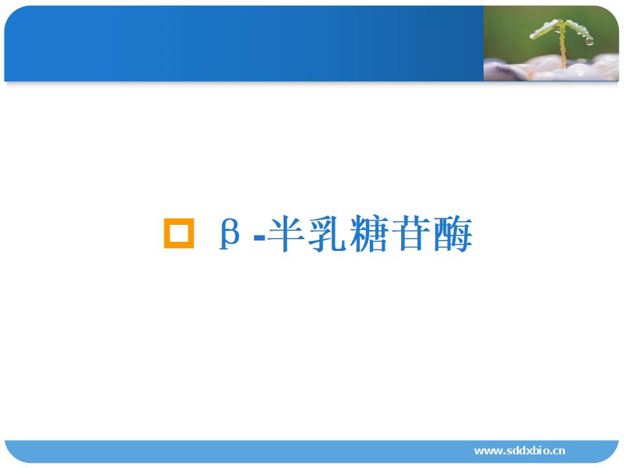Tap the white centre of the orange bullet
(179, 233)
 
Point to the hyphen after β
(259, 239)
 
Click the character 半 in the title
(287, 233)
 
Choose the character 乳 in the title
(328, 233)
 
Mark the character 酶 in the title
(453, 233)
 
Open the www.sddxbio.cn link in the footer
(519, 450)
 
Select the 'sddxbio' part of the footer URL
(526, 450)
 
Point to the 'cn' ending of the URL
(559, 452)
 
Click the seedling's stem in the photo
(562, 45)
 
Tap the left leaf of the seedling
(545, 30)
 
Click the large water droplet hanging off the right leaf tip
(590, 40)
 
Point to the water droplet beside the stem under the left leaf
(556, 29)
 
